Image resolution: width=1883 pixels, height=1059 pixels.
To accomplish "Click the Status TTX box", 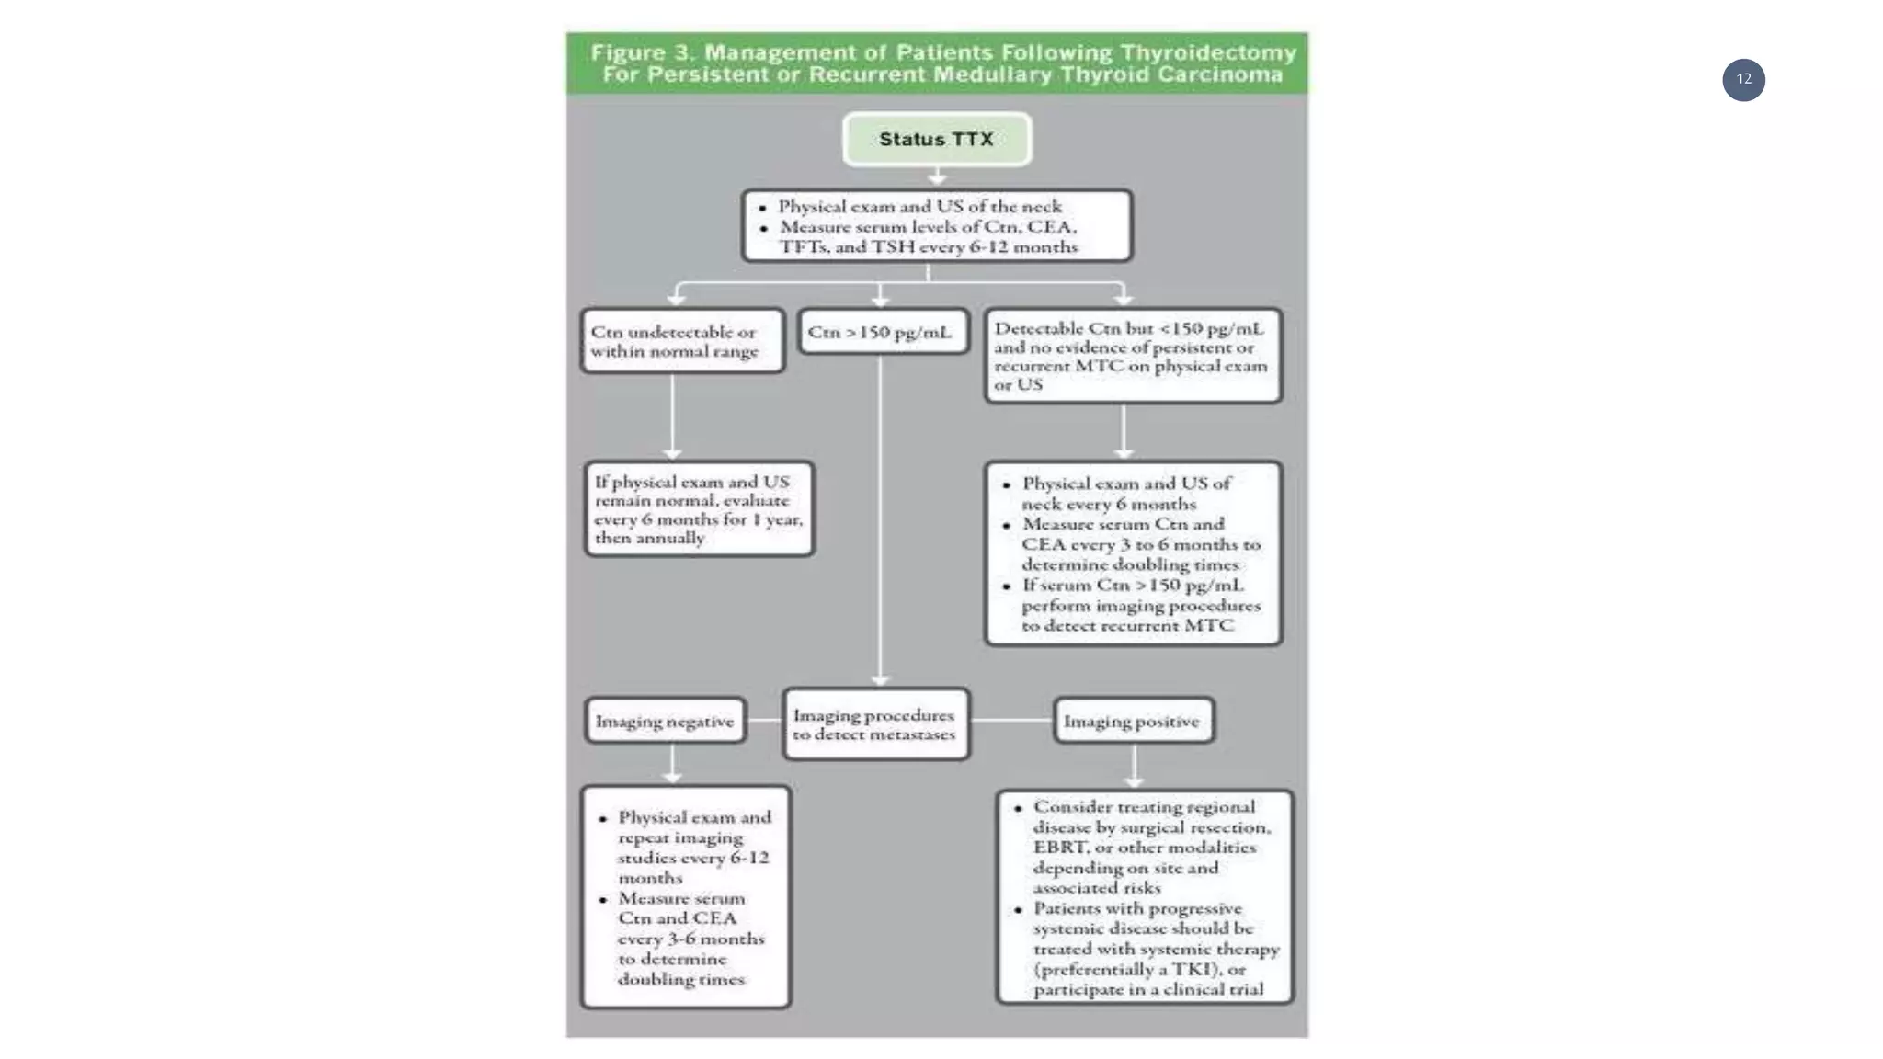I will [936, 139].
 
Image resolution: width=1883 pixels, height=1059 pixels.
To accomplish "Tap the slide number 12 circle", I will [1743, 80].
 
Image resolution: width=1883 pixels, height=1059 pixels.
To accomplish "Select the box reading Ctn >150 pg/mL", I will [882, 332].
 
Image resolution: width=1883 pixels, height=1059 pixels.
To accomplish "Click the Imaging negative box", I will [665, 721].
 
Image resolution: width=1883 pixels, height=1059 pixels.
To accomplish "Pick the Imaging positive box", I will [1132, 721].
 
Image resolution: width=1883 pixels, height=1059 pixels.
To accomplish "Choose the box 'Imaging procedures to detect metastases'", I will [875, 724].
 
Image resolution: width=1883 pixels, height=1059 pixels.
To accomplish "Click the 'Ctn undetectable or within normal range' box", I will [681, 341].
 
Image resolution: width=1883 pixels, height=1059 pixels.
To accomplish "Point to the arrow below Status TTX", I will [936, 176].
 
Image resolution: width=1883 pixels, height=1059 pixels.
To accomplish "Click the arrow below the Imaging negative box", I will [672, 765].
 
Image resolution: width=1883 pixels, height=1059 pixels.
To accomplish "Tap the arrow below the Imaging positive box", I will [1134, 767].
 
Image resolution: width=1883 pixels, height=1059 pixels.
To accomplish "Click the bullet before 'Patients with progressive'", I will [1018, 909].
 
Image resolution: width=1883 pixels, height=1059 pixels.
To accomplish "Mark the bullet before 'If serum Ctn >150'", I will [1007, 586].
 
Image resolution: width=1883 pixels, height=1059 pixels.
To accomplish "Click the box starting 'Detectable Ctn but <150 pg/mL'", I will [1132, 356].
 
